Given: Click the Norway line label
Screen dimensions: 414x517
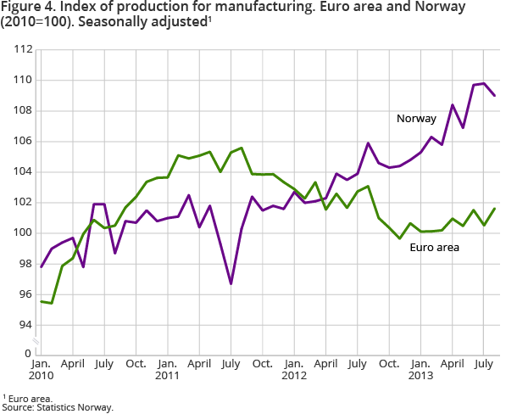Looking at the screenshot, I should tap(416, 118).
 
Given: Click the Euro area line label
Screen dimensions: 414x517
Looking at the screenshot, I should tap(433, 248).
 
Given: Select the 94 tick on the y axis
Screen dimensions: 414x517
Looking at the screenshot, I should tap(24, 325).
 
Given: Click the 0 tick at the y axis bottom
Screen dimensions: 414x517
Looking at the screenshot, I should tap(27, 353).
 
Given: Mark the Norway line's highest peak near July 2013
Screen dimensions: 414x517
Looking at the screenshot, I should tap(483, 83).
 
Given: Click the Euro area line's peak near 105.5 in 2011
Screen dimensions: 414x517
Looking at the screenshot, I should tap(242, 148).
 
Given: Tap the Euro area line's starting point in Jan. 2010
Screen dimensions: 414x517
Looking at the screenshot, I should tap(42, 301).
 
